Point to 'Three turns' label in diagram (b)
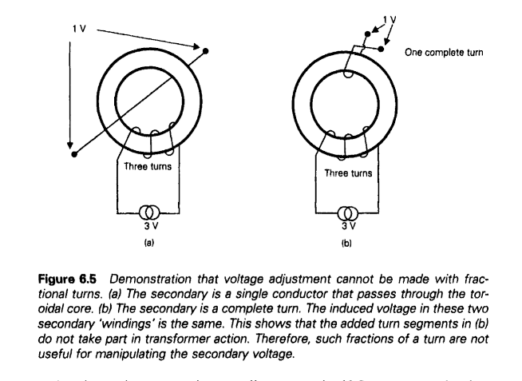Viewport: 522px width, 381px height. [x=346, y=171]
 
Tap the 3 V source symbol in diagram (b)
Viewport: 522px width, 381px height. [x=346, y=213]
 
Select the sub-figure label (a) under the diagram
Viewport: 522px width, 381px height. [x=147, y=237]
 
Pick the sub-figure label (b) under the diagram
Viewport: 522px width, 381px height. [x=346, y=237]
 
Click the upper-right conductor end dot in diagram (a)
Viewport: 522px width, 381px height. [x=208, y=50]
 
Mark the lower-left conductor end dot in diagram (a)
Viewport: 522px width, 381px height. [x=73, y=153]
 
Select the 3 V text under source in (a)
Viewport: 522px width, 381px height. [x=147, y=225]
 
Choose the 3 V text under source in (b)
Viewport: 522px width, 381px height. [x=346, y=225]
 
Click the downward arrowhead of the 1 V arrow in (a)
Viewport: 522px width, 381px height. [x=69, y=138]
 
